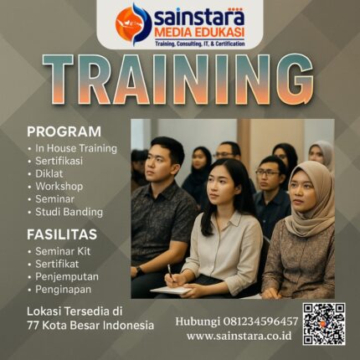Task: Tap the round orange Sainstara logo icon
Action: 133,24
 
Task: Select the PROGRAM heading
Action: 64,131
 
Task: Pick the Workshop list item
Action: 59,186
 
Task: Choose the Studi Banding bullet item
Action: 69,212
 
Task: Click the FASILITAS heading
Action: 62,234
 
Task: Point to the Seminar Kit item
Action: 63,251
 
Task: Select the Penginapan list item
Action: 64,289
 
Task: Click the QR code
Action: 324,323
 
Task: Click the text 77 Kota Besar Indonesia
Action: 90,325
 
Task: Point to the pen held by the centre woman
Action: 171,273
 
